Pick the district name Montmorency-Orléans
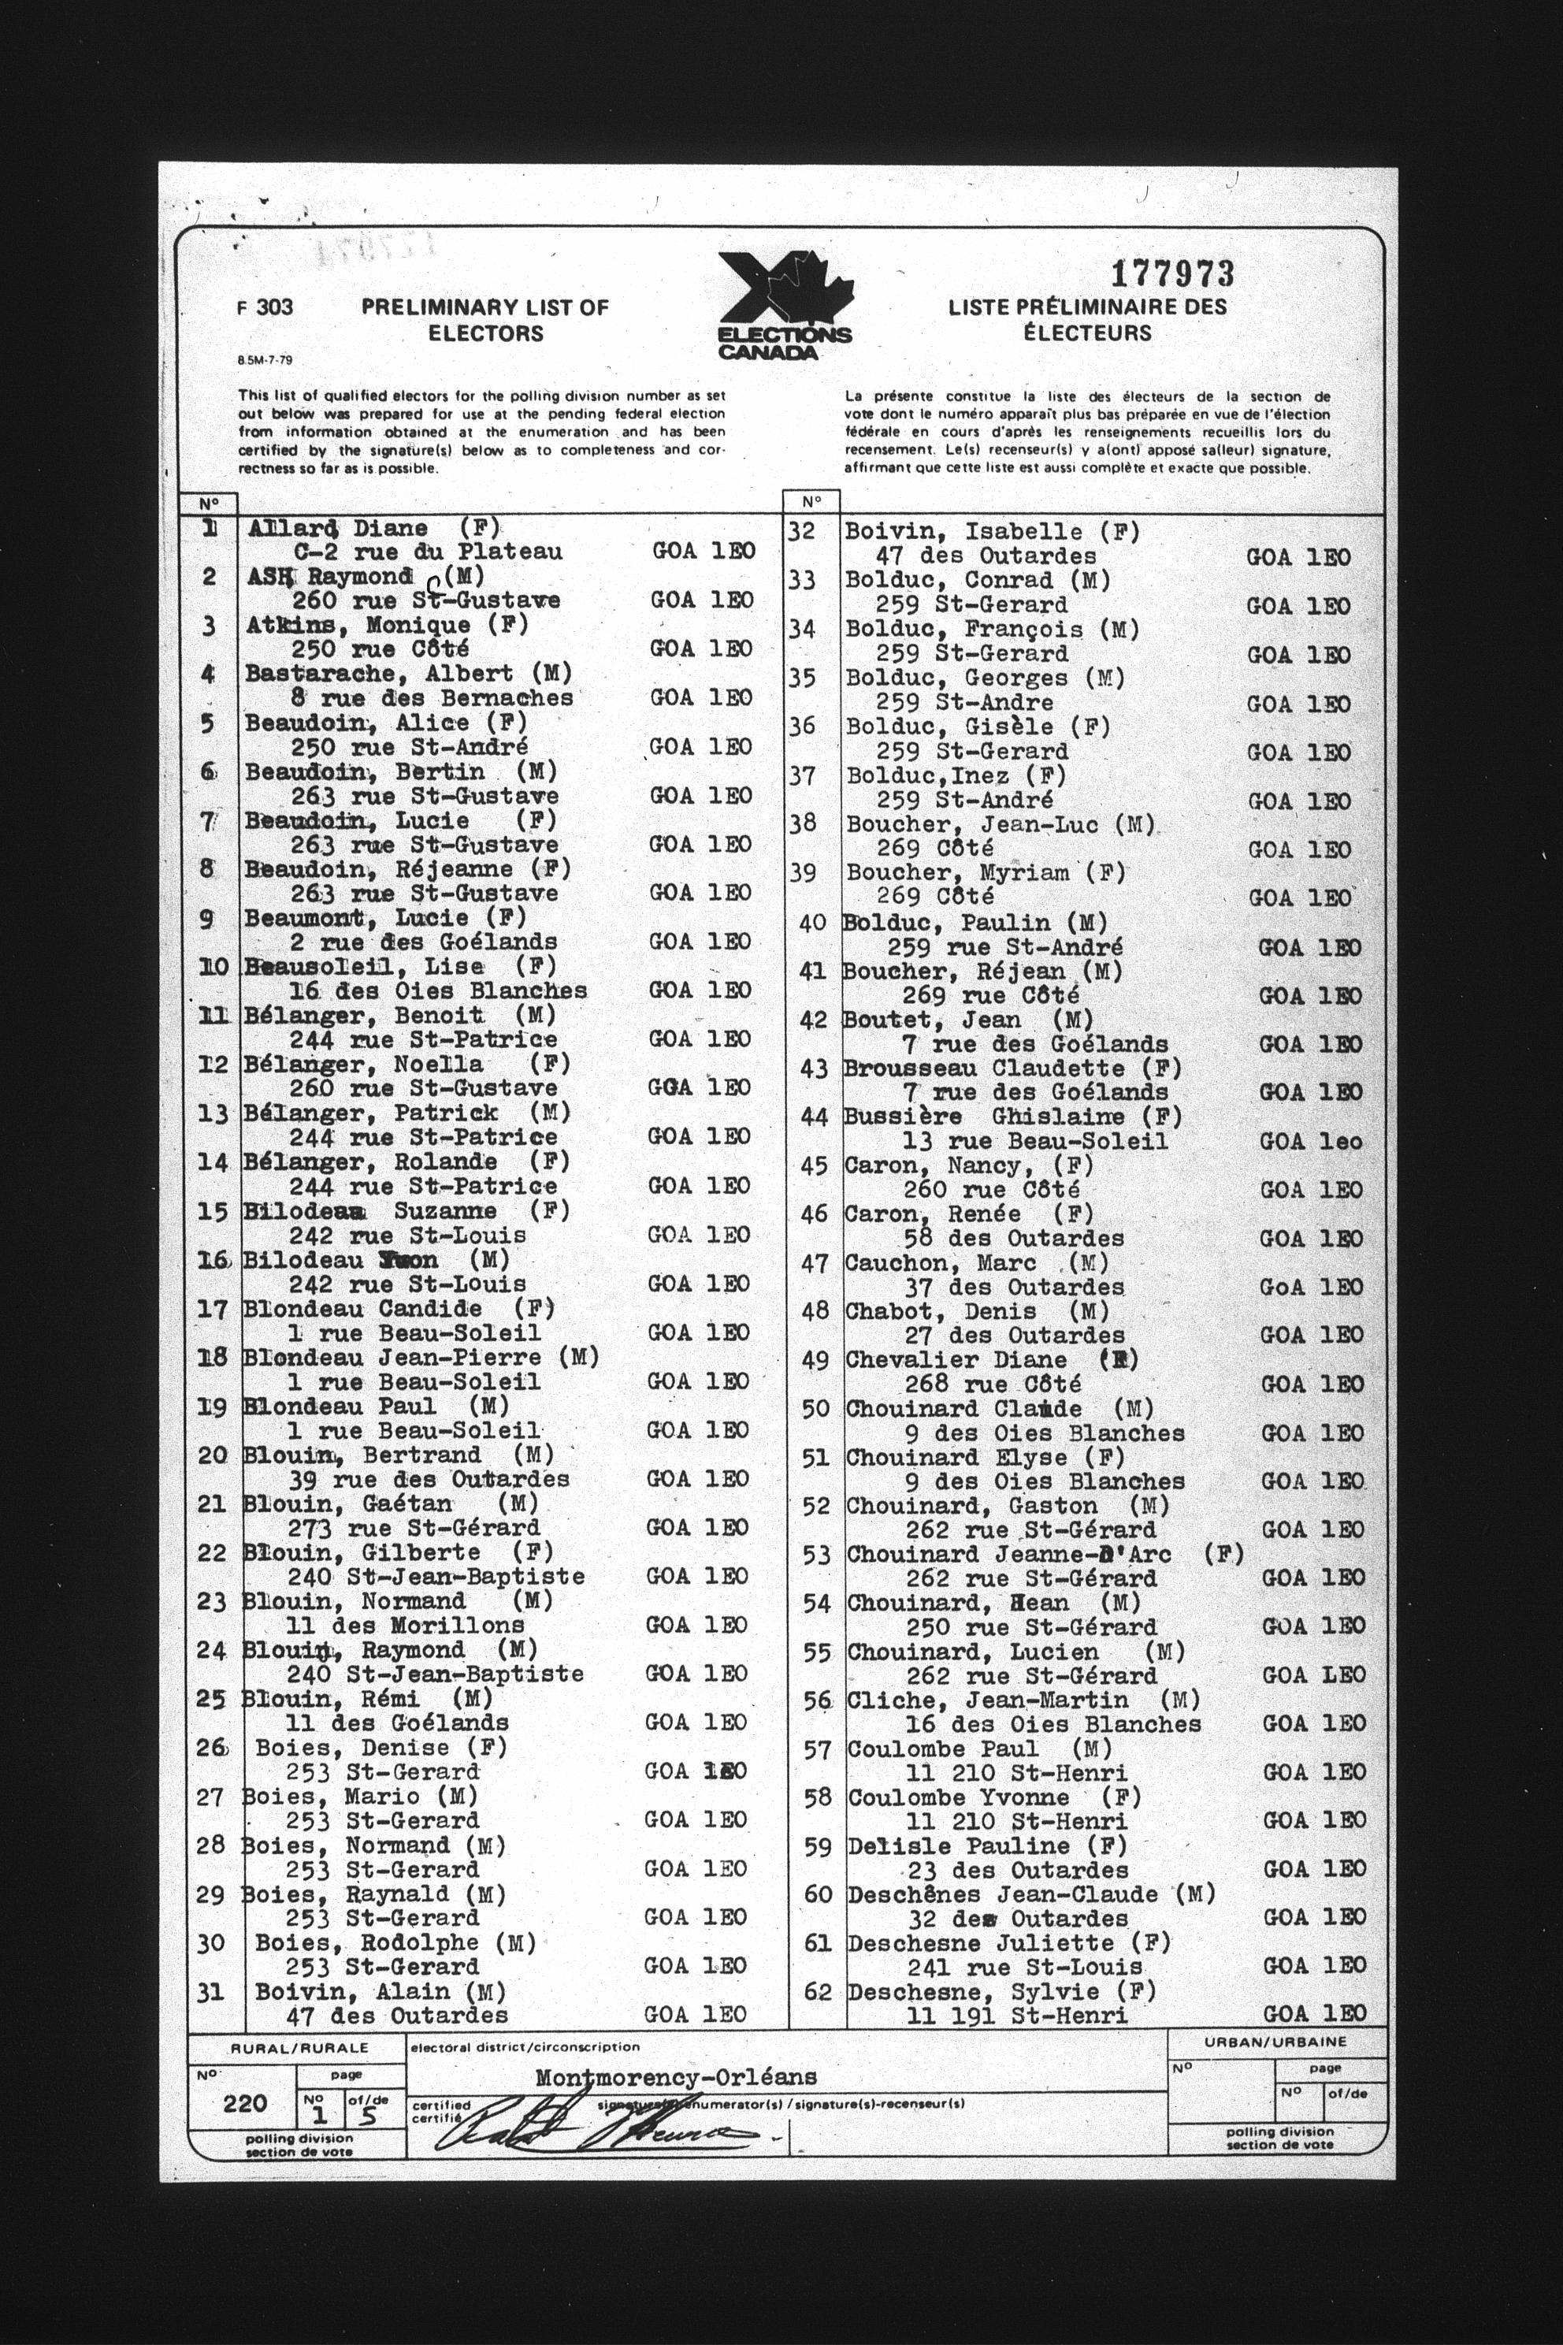[x=675, y=2079]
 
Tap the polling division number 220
[x=245, y=2103]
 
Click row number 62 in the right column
[x=818, y=1991]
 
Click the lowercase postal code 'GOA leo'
[x=1310, y=1142]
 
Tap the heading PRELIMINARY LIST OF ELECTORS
[x=484, y=320]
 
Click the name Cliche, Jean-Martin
[x=987, y=1700]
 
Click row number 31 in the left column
[x=211, y=1991]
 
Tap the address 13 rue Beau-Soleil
[x=1034, y=1141]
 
